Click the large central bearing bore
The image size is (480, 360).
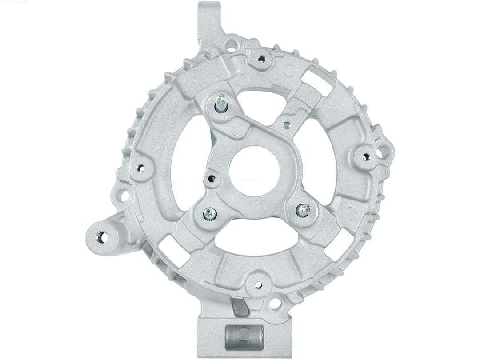point(254,171)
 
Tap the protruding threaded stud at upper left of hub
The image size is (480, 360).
point(221,104)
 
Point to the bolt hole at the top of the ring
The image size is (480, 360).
point(261,58)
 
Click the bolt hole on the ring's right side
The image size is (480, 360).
point(366,156)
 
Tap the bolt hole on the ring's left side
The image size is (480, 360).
point(140,168)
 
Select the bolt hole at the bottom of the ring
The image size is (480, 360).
point(257,281)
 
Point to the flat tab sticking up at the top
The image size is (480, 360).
point(208,20)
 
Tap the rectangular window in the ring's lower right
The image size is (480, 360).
point(336,240)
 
